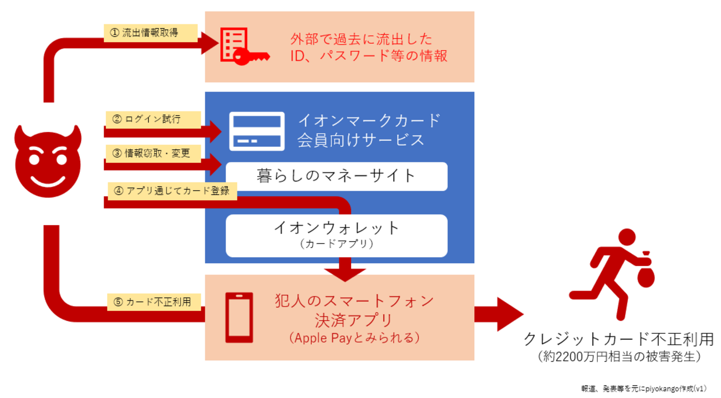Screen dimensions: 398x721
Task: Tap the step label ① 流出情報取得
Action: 150,33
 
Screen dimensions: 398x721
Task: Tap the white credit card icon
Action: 257,131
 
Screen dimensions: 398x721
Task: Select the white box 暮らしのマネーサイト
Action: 336,176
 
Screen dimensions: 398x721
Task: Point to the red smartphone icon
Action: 239,318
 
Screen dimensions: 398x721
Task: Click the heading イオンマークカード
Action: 369,120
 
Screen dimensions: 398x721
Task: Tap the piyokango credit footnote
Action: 643,389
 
